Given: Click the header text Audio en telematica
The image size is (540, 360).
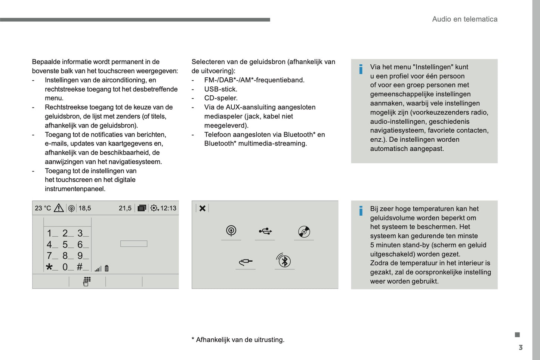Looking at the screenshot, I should tap(465, 19).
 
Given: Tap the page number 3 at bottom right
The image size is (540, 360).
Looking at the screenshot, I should tap(521, 348).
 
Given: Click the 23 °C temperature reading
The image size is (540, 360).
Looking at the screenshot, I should tap(43, 208).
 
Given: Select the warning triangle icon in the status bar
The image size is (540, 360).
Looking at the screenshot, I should tap(59, 208).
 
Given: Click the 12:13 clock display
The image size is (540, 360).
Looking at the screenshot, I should tap(168, 208).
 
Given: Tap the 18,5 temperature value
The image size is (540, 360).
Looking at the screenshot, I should tap(85, 208).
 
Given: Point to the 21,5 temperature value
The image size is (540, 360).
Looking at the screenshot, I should tap(125, 208).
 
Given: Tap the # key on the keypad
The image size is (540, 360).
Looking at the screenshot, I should tap(80, 267).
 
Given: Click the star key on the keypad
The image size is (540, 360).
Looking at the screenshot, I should tap(49, 267).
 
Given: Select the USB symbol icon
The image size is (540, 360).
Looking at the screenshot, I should tap(265, 231).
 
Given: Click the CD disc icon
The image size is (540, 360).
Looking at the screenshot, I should tap(304, 232).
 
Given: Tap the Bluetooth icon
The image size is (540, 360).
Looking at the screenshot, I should tap(284, 261).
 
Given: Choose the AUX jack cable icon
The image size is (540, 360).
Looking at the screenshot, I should tap(246, 262).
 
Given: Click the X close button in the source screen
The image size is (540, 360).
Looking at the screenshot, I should tap(202, 208).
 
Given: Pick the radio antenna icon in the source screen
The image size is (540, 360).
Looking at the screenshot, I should tap(231, 231).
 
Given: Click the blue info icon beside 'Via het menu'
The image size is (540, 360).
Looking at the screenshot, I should tap(361, 69).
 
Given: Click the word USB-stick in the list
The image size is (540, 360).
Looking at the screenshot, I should tap(220, 89).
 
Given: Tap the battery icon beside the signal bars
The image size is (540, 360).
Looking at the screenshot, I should tap(107, 268).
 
